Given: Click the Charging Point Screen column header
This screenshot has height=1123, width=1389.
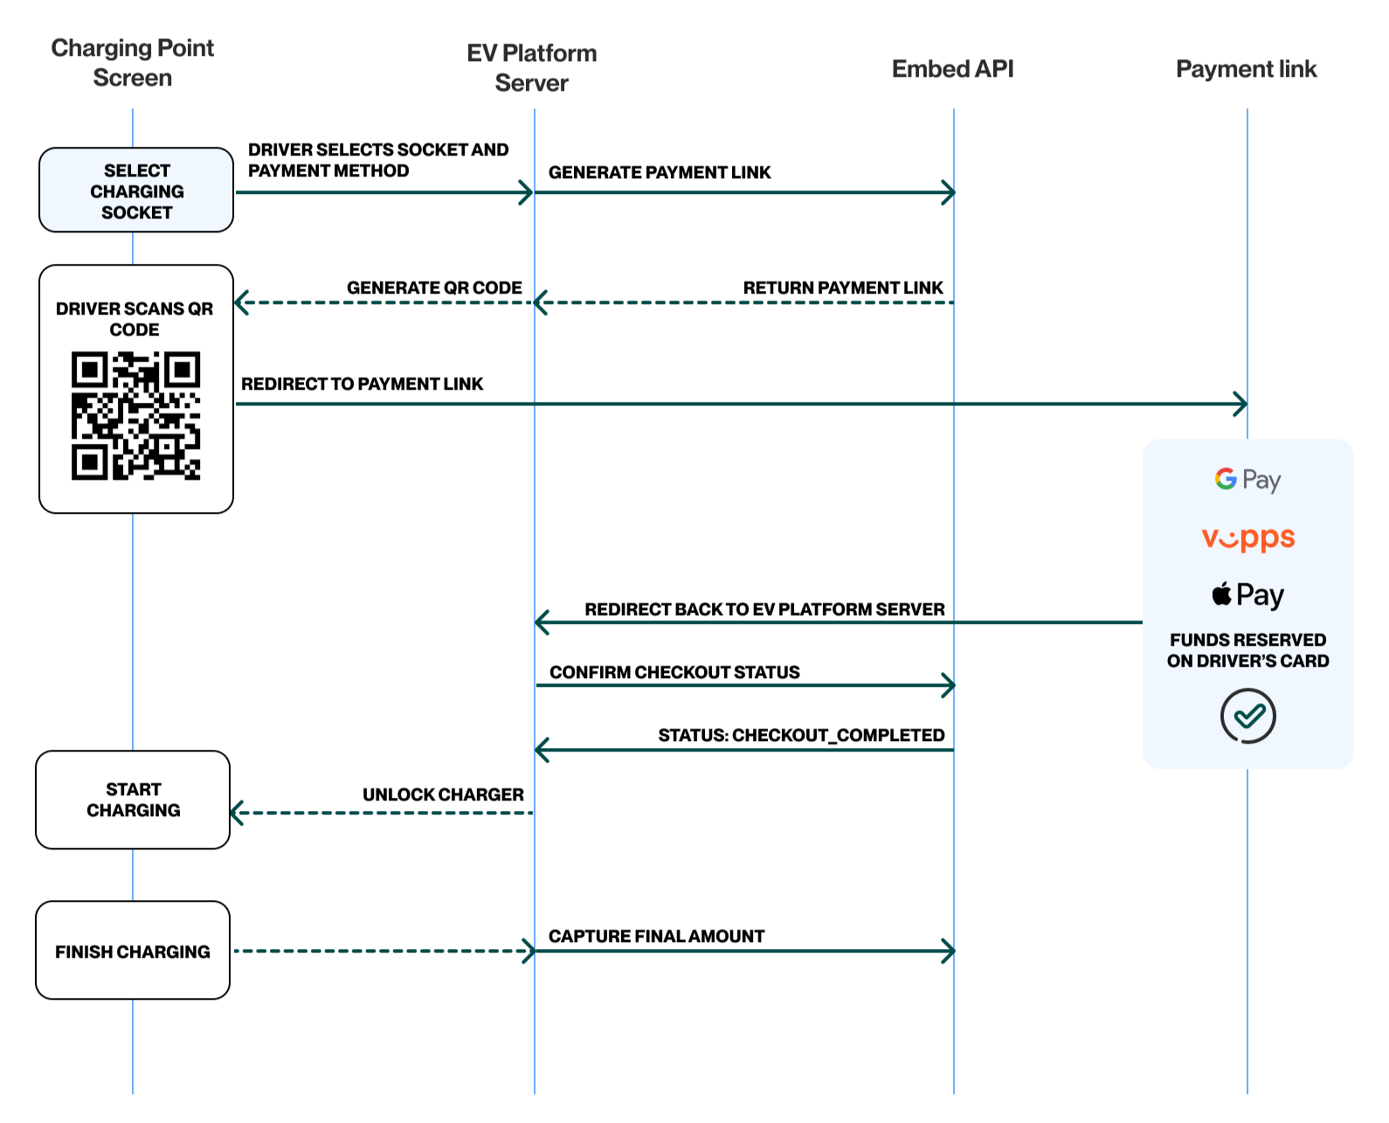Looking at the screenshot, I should pos(132,63).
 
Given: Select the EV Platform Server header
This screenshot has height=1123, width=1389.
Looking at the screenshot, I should pos(531,68).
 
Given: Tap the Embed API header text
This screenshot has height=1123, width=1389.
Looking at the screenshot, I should pos(952,69).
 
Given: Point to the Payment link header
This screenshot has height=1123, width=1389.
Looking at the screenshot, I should pos(1246,69).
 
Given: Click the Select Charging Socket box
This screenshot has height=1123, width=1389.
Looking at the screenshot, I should pos(136,191).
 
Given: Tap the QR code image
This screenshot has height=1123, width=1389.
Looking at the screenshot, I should pos(135,416).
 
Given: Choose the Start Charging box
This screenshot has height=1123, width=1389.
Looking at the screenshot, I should pos(133,800).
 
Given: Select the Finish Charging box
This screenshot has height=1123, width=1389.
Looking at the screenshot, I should pos(133,951).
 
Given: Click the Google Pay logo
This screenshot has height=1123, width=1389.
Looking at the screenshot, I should pos(1247,480).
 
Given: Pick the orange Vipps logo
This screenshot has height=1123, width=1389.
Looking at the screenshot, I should pos(1247,538).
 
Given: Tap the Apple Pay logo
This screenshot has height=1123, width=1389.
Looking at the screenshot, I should pos(1247,595).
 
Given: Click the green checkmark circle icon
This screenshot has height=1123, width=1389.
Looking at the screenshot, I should pos(1247,717).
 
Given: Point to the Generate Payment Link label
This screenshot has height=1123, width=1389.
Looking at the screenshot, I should pos(660,173).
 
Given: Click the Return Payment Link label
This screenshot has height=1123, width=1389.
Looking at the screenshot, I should pos(842,288).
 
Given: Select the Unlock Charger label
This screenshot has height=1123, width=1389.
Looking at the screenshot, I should pos(443,795).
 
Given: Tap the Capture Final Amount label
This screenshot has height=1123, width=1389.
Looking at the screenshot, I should pos(656,937).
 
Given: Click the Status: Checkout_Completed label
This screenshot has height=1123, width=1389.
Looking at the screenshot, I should pos(801,736).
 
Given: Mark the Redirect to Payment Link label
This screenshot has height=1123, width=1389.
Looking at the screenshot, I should pos(362,385).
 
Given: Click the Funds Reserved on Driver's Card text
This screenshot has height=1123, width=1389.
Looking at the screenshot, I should pos(1247,651).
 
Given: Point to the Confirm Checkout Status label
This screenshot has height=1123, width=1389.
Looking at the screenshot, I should pos(674,673).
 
